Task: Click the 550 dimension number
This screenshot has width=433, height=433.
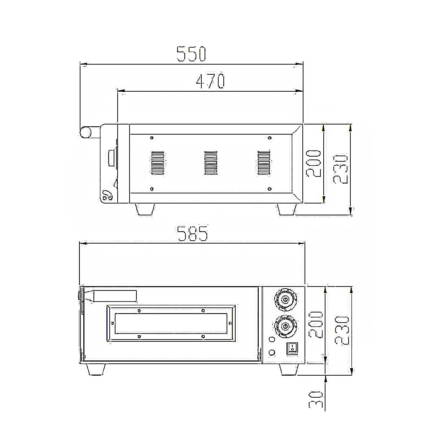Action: pyautogui.click(x=191, y=54)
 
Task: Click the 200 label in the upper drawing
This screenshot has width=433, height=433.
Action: pyautogui.click(x=314, y=163)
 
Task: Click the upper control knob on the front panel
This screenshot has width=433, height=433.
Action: pyautogui.click(x=286, y=299)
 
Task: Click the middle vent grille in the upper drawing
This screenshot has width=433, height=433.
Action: pyautogui.click(x=211, y=163)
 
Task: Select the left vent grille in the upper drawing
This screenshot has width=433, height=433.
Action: pyautogui.click(x=158, y=163)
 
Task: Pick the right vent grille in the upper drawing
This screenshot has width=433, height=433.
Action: pyautogui.click(x=263, y=163)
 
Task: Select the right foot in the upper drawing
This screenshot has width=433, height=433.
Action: pyautogui.click(x=287, y=210)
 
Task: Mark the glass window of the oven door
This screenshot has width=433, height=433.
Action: pyautogui.click(x=171, y=323)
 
